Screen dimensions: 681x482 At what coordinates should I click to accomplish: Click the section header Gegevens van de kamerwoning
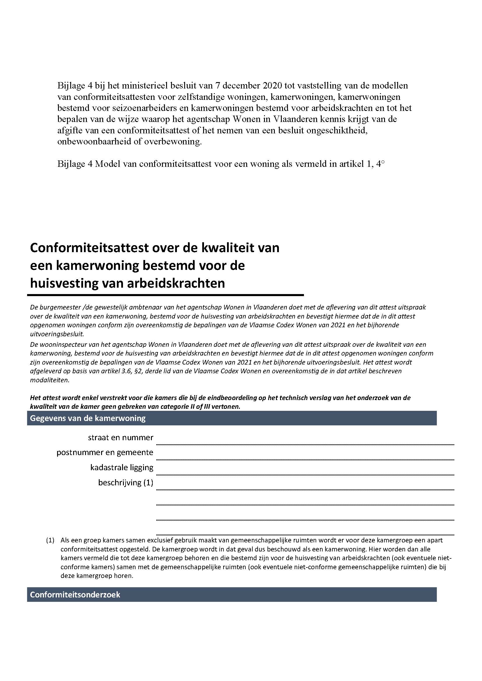pos(88,418)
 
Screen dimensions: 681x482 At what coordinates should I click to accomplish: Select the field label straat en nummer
pos(121,438)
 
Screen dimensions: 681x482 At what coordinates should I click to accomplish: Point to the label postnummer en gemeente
pos(105,452)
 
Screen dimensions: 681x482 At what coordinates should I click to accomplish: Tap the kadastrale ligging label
pos(122,468)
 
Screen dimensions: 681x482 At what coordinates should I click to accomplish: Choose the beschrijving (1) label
pos(126,482)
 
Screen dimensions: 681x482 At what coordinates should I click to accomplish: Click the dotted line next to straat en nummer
pos(305,444)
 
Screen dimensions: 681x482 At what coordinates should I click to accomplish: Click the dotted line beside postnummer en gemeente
pos(305,459)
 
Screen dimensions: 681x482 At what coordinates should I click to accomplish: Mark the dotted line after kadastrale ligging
pos(305,475)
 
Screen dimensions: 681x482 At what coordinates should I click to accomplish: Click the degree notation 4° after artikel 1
pos(380,164)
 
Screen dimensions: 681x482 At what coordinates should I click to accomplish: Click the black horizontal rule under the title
pos(165,295)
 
